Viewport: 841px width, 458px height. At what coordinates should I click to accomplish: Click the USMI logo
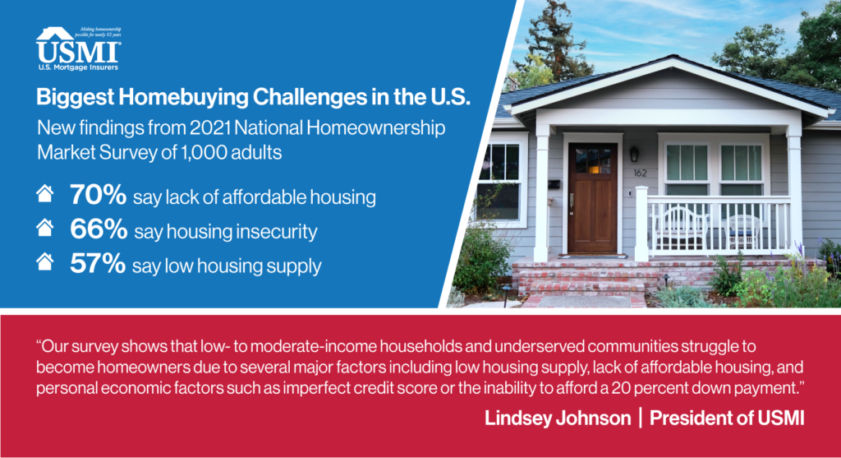(78, 49)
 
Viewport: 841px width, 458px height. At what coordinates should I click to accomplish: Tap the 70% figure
(98, 195)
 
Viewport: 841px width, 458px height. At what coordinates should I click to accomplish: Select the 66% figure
(99, 229)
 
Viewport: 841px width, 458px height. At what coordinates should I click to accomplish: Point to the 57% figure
(98, 264)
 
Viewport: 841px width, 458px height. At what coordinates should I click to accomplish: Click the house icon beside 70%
(45, 193)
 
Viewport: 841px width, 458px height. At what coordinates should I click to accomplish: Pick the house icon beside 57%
(45, 262)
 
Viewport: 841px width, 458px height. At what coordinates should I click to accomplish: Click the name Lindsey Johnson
(558, 419)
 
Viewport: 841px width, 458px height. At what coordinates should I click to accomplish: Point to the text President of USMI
(727, 419)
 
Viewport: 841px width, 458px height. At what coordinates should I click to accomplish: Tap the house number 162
(640, 173)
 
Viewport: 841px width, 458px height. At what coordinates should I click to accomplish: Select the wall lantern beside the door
(634, 154)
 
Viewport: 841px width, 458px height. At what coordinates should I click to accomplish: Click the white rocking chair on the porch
(679, 229)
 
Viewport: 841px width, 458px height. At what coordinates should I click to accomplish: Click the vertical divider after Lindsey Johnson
(641, 418)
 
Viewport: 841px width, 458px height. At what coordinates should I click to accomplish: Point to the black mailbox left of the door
(554, 185)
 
